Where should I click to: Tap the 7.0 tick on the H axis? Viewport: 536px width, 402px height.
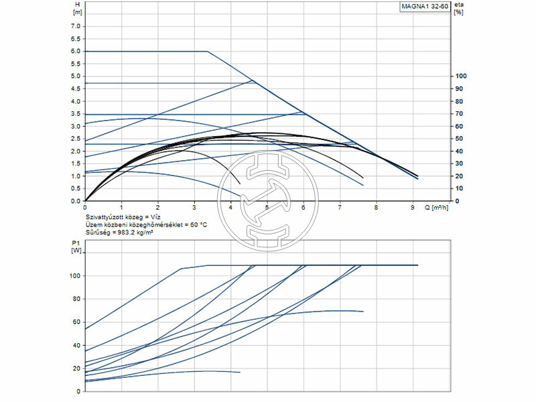click(x=74, y=26)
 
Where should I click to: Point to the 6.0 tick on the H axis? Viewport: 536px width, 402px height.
click(x=74, y=51)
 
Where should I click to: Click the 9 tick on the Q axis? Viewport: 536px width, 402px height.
click(x=413, y=208)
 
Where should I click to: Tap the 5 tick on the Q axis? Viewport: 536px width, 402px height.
click(x=267, y=208)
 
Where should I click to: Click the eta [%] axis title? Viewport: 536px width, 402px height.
click(x=459, y=9)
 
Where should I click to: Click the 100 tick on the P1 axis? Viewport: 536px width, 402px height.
click(x=75, y=275)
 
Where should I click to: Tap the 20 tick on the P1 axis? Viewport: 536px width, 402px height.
click(x=76, y=368)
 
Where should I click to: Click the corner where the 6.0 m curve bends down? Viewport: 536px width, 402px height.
click(x=207, y=51)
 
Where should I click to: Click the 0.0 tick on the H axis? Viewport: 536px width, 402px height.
click(x=74, y=201)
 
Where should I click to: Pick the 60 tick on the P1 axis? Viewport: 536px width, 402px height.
click(x=76, y=322)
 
